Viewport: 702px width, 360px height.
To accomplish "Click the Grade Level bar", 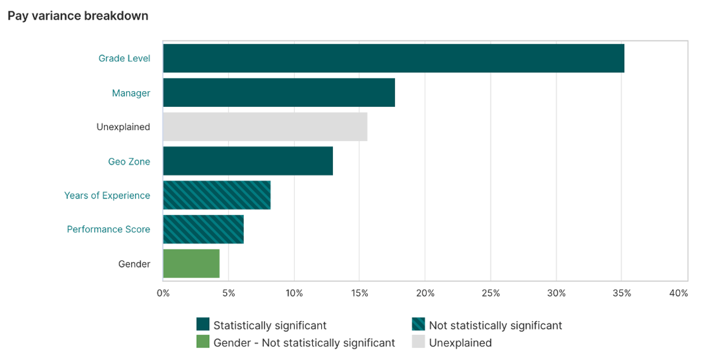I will click(x=393, y=58).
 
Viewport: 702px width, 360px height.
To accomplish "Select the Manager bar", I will click(x=279, y=93).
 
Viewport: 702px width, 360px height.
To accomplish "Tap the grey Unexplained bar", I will click(x=265, y=127).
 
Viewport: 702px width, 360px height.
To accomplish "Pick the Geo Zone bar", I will click(x=247, y=161).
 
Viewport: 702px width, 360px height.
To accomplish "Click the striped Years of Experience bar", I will click(x=217, y=195).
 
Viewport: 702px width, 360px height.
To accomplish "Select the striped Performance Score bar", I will click(x=203, y=229).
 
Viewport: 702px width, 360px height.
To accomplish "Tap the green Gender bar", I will click(x=191, y=263).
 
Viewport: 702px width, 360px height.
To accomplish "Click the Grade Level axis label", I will click(x=124, y=58).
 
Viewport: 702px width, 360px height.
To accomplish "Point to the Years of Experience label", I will click(x=107, y=196).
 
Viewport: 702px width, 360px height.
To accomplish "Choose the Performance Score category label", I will click(x=109, y=229).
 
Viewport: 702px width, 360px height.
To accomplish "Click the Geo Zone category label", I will click(x=129, y=162).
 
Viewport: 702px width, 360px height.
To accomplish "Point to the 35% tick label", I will click(x=622, y=293).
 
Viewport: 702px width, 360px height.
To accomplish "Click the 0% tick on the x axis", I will click(x=163, y=293).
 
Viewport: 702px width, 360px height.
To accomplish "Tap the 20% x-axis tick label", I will click(x=425, y=293).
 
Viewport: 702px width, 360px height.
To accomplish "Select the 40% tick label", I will click(x=678, y=293).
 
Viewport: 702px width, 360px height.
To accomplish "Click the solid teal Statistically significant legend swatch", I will click(x=202, y=325).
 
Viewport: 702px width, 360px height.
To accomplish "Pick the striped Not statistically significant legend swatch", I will click(x=418, y=325).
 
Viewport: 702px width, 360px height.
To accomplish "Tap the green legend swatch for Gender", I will click(x=202, y=342).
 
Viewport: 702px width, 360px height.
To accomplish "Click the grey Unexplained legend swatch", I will click(x=418, y=342).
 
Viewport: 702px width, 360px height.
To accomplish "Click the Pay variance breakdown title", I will click(x=78, y=16).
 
